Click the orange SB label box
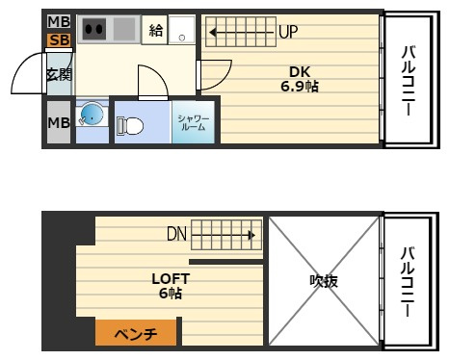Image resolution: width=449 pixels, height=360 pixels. (x=59, y=40)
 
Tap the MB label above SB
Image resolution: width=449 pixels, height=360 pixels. (x=59, y=22)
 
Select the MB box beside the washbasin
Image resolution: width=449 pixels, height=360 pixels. (x=59, y=122)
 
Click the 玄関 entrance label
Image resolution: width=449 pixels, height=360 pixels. (x=59, y=74)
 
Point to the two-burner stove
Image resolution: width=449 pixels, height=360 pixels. (x=94, y=29)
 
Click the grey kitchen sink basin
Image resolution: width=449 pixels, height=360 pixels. (x=124, y=29)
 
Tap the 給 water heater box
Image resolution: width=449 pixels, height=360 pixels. (x=155, y=30)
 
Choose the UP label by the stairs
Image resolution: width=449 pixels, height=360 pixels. (x=288, y=32)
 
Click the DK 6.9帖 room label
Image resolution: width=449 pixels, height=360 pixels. (x=300, y=79)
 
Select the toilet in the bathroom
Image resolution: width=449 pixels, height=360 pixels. (x=130, y=126)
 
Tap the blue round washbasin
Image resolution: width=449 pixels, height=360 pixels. (x=92, y=115)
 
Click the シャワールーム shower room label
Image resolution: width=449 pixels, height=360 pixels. (x=194, y=123)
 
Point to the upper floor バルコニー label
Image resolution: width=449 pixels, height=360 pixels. (x=409, y=81)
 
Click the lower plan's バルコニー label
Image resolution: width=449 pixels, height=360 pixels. (x=408, y=282)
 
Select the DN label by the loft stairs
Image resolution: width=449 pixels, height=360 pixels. (x=176, y=234)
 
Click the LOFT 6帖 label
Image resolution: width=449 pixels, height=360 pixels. (x=171, y=286)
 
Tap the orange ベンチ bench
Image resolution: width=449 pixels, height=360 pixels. (x=136, y=333)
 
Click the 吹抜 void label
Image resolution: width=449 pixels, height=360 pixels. (x=324, y=281)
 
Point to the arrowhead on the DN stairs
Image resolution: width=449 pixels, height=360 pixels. (x=252, y=236)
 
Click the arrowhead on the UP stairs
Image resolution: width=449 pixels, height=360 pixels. (x=212, y=33)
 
